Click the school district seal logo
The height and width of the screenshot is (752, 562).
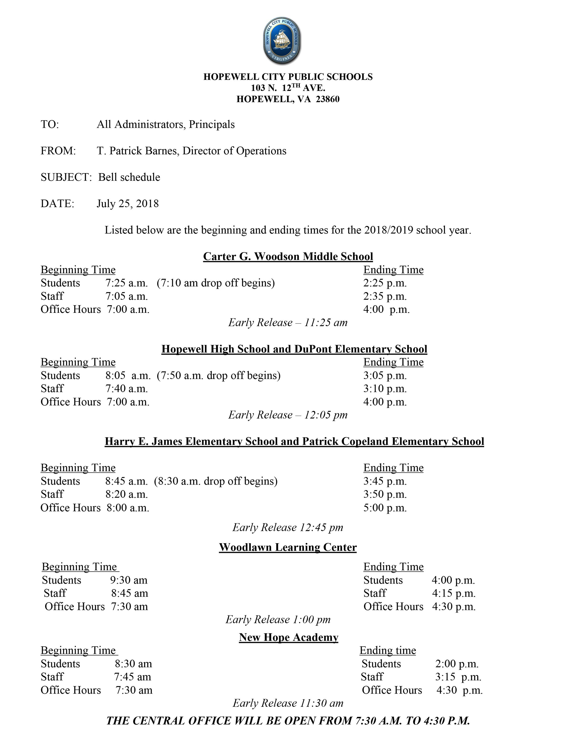click(x=282, y=41)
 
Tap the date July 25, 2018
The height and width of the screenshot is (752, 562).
click(x=128, y=203)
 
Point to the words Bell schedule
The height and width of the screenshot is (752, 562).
click(x=129, y=177)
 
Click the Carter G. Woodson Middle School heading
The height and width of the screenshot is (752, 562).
click(x=288, y=256)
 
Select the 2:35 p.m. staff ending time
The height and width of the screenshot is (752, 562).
click(x=385, y=296)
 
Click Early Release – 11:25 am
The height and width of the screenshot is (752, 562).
click(x=288, y=322)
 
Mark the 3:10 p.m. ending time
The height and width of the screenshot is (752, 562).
click(x=385, y=389)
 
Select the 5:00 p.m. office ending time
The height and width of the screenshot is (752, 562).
click(x=385, y=508)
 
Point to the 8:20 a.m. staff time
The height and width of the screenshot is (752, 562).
click(x=126, y=494)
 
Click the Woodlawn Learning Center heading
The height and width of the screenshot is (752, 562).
click(x=288, y=547)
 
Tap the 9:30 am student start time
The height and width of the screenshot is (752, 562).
click(x=128, y=580)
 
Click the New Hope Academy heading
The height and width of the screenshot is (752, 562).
click(x=288, y=637)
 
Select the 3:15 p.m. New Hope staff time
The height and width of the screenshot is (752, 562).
click(x=458, y=677)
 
